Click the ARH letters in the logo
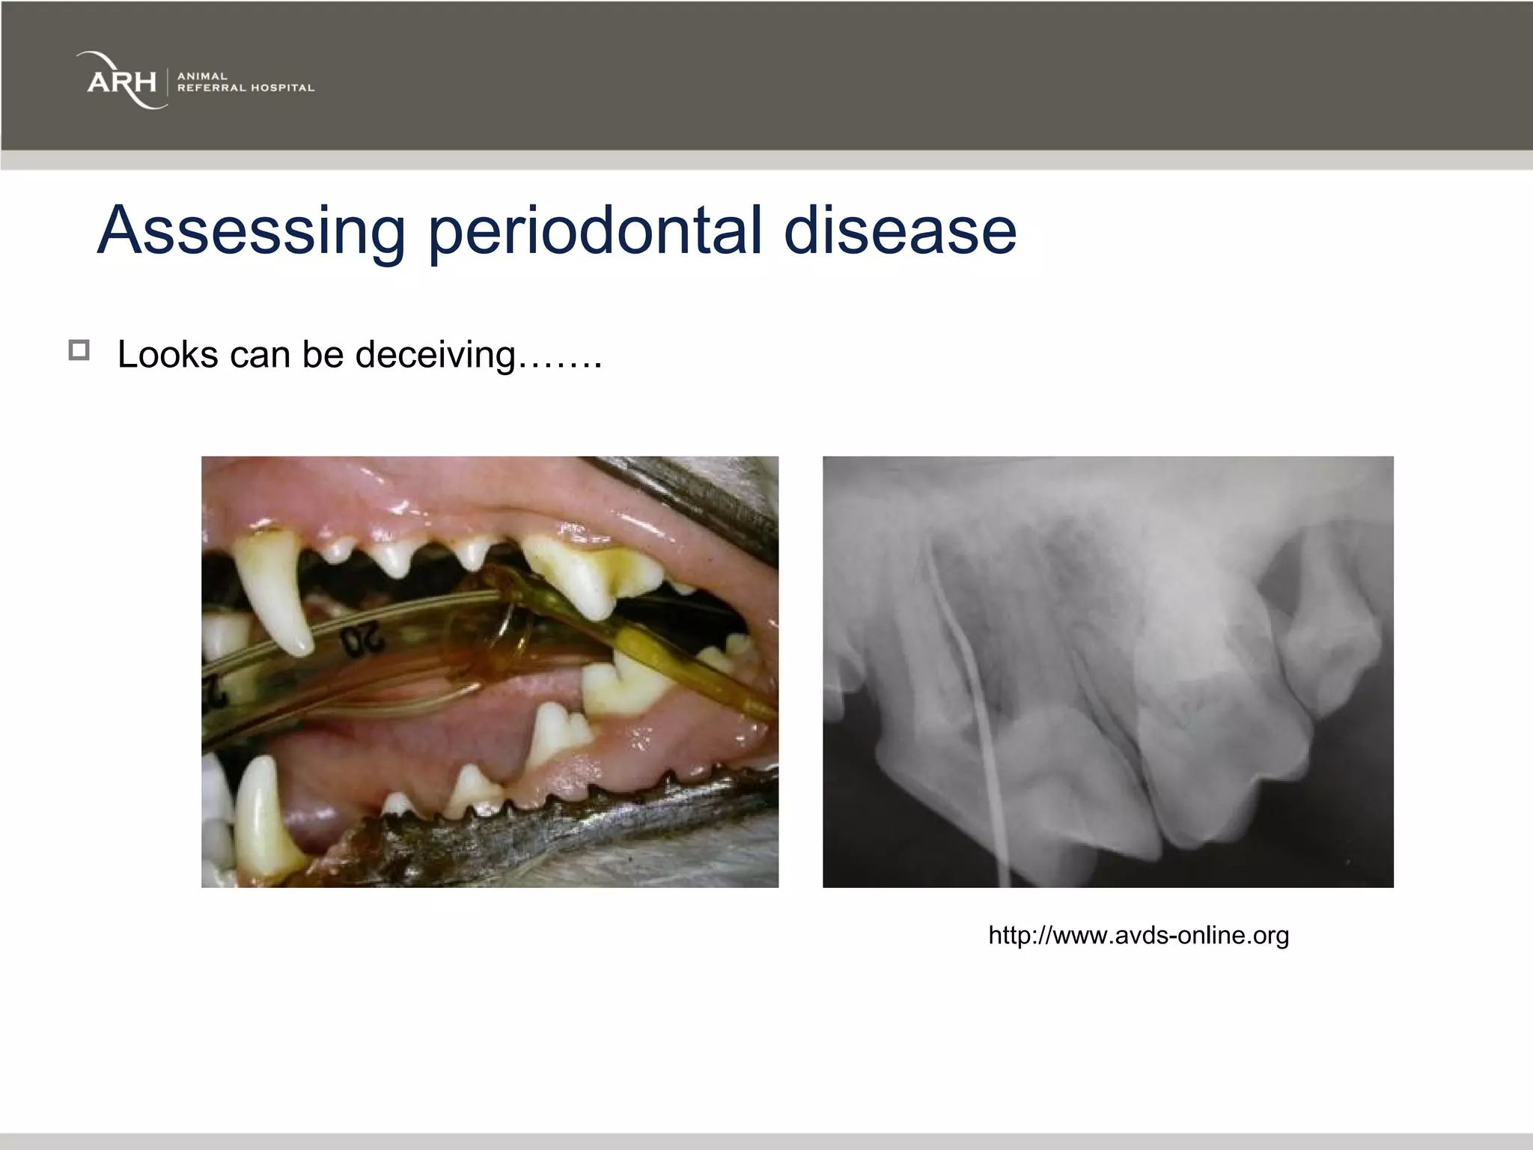point(122,82)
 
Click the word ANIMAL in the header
point(202,76)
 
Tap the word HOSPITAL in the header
point(282,88)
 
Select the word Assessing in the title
point(251,230)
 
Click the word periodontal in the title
point(594,230)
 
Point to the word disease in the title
point(900,230)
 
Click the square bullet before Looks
point(79,350)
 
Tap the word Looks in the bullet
point(168,354)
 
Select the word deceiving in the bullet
point(435,354)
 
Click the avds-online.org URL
point(1138,935)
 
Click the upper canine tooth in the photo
point(273,591)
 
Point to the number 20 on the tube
point(362,641)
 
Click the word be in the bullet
point(323,354)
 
